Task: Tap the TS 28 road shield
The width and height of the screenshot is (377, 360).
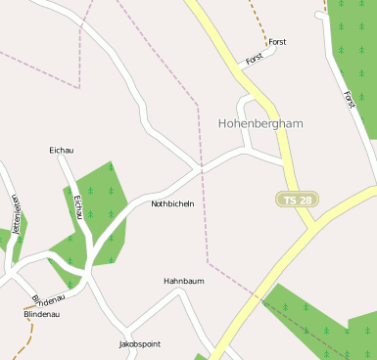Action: pyautogui.click(x=298, y=200)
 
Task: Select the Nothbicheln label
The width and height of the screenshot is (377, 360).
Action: pyautogui.click(x=172, y=203)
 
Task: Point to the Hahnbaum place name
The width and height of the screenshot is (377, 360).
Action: pyautogui.click(x=183, y=281)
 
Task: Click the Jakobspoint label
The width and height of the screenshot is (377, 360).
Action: pyautogui.click(x=139, y=344)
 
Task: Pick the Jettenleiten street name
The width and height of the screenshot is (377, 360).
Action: pyautogui.click(x=16, y=216)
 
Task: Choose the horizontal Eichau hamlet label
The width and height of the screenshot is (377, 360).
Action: pyautogui.click(x=62, y=150)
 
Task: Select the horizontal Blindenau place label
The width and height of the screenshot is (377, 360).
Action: pyautogui.click(x=42, y=314)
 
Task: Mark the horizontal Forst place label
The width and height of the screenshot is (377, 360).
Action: pyautogui.click(x=277, y=42)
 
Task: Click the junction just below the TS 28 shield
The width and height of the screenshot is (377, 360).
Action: pyautogui.click(x=312, y=227)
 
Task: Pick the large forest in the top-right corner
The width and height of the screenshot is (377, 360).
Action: pyautogui.click(x=354, y=49)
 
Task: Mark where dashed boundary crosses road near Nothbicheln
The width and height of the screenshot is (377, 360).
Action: pyautogui.click(x=203, y=169)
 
